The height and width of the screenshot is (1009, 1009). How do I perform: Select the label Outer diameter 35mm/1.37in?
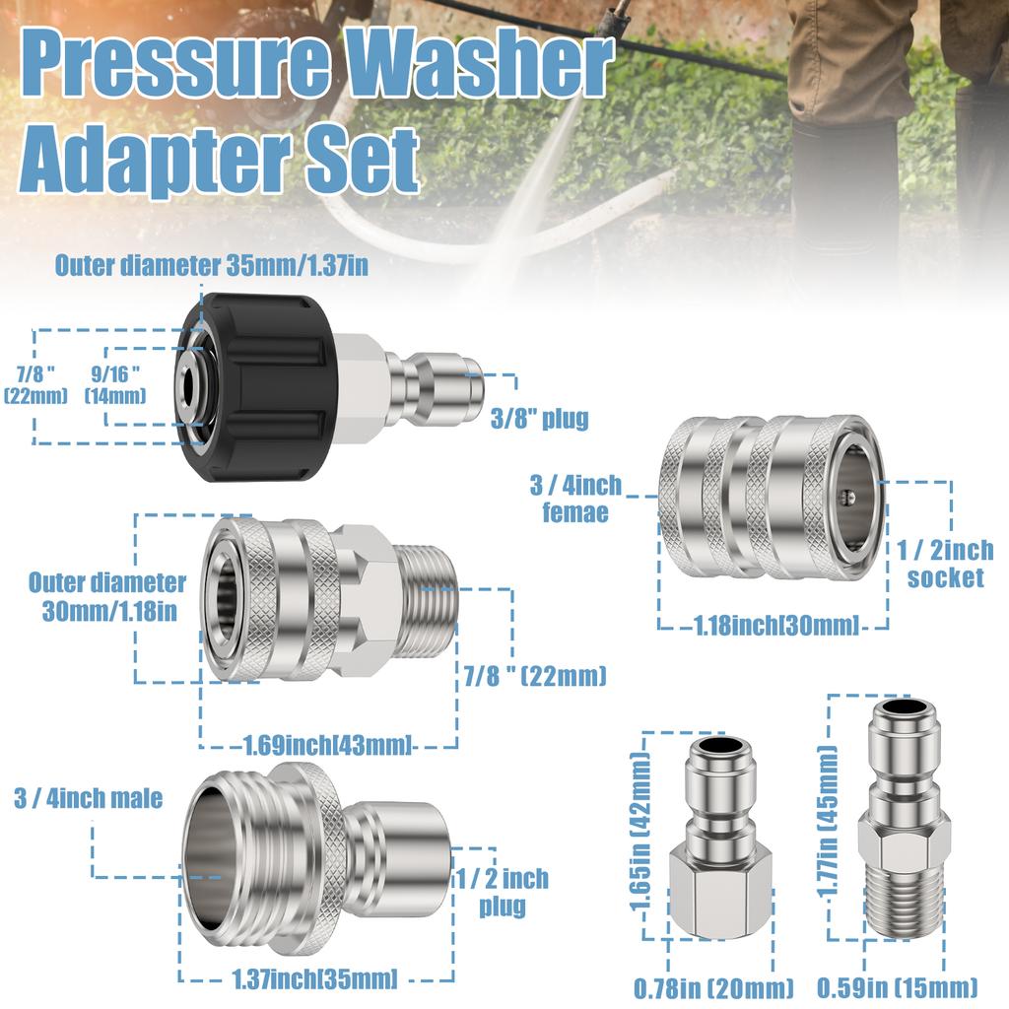click(212, 266)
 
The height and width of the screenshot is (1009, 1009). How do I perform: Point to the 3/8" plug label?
click(539, 419)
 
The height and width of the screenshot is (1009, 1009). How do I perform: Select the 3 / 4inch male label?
click(89, 797)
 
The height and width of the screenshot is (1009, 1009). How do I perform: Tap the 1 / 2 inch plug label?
click(502, 891)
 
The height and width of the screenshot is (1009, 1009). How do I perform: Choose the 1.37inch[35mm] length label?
click(315, 978)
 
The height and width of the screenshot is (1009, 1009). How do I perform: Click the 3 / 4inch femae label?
click(576, 499)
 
